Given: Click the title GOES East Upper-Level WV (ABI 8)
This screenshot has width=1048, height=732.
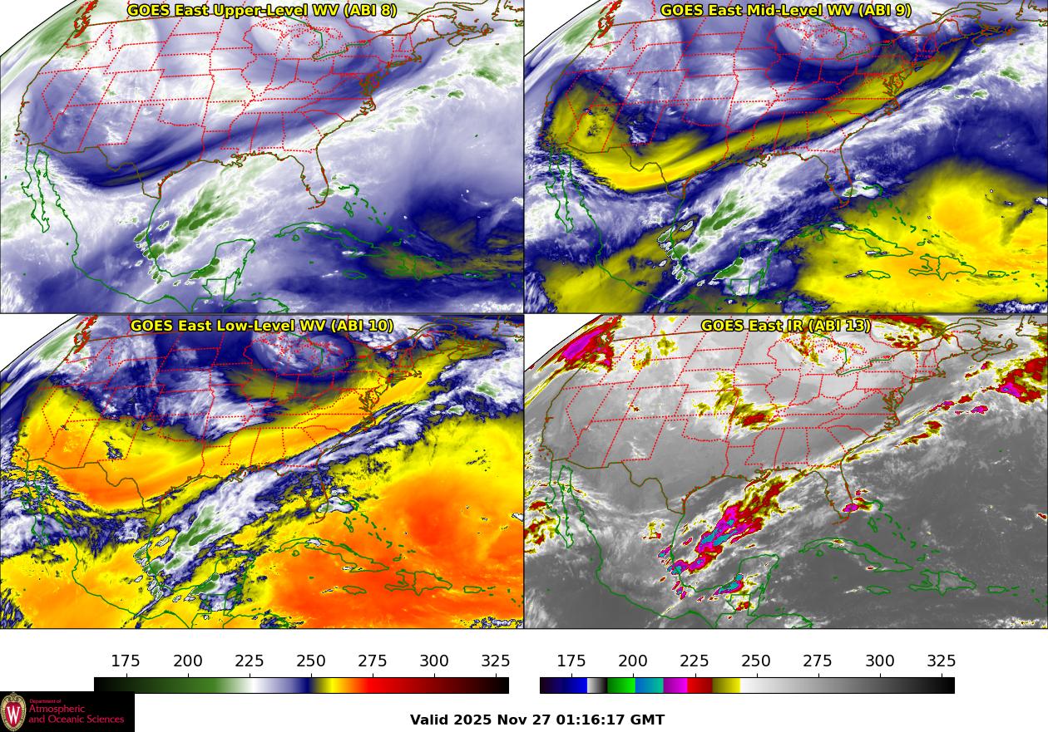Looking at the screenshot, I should click(262, 11).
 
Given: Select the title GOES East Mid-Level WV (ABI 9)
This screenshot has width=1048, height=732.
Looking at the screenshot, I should click(786, 11).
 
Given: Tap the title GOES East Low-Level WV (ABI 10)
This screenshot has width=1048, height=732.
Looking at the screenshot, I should click(262, 326).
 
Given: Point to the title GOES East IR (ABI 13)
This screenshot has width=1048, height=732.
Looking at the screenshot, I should click(786, 326).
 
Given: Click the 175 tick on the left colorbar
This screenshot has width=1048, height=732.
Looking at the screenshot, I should click(126, 661).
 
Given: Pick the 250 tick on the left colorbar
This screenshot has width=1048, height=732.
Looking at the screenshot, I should click(311, 661).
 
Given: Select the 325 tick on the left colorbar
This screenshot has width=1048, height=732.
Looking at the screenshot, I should click(496, 661).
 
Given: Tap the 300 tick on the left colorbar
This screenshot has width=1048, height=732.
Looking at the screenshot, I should click(434, 661).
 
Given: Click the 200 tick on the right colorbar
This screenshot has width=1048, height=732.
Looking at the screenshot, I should click(633, 661).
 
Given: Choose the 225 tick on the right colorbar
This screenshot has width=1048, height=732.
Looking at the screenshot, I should click(695, 661).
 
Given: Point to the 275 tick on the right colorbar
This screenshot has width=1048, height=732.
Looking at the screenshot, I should click(818, 661).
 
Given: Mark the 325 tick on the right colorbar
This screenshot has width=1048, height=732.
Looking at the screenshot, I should click(942, 661).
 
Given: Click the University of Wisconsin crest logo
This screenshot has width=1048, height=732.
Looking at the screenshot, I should click(13, 712).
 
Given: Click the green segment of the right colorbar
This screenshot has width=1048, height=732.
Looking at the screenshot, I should click(620, 685).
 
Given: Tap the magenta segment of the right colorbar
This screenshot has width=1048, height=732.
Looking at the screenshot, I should click(675, 685).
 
